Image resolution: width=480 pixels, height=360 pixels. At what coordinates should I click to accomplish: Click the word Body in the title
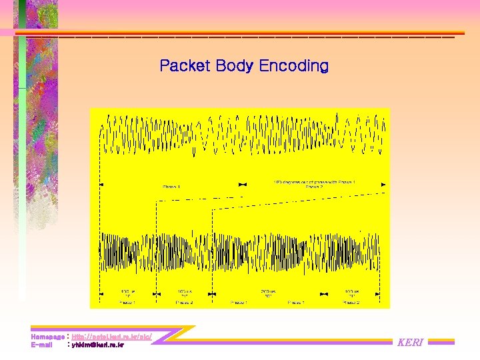pos(234,66)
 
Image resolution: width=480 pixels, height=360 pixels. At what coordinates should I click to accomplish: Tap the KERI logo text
pos(410,343)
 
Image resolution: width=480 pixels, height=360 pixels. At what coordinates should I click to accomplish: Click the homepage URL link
pos(111,337)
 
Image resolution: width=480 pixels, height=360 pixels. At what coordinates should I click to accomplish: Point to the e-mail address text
pos(97,345)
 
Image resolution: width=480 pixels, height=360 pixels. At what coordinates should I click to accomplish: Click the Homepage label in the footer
pos(47,337)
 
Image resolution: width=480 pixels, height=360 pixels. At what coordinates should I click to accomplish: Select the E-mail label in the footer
pos(41,345)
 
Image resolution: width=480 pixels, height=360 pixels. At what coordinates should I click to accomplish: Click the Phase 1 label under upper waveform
pos(171,187)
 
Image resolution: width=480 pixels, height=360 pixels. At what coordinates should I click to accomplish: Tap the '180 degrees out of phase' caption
pos(314,181)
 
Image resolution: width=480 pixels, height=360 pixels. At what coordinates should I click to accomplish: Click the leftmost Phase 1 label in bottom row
pos(127,302)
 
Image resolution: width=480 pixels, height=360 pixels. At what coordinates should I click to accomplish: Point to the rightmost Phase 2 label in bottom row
pos(351,302)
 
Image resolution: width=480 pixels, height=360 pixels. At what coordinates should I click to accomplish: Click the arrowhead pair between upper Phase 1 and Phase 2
pos(243,184)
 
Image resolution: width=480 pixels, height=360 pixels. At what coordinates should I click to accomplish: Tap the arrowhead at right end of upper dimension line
pos(383,184)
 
